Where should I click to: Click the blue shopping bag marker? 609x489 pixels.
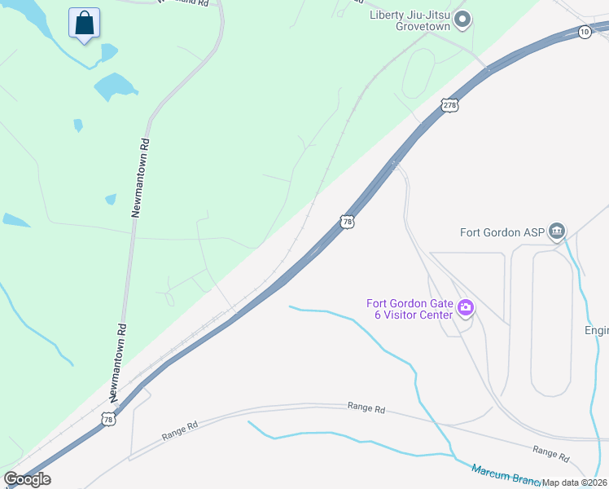coord(85,24)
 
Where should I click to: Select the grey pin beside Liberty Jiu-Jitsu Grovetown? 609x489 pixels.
coord(463,20)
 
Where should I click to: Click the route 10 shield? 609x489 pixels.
coord(585,32)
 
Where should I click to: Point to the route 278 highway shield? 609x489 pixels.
coord(449,104)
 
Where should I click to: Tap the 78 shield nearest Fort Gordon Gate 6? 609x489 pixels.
coord(348,222)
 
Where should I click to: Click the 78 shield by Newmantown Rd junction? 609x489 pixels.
coord(108,419)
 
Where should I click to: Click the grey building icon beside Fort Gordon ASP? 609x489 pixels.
coord(557,231)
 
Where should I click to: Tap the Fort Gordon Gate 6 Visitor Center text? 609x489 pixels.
coord(411,310)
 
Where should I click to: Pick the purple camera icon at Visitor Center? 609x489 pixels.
coord(467,307)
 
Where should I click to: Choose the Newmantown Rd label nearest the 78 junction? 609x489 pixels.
coord(120,363)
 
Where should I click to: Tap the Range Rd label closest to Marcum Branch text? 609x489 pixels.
coord(550,450)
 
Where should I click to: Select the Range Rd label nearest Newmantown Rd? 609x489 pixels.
coord(180,430)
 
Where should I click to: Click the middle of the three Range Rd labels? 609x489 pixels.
coord(366,406)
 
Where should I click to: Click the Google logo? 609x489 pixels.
coord(27,479)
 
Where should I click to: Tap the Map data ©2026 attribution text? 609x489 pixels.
coord(575,482)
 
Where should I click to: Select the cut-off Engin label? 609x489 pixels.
coord(596,330)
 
